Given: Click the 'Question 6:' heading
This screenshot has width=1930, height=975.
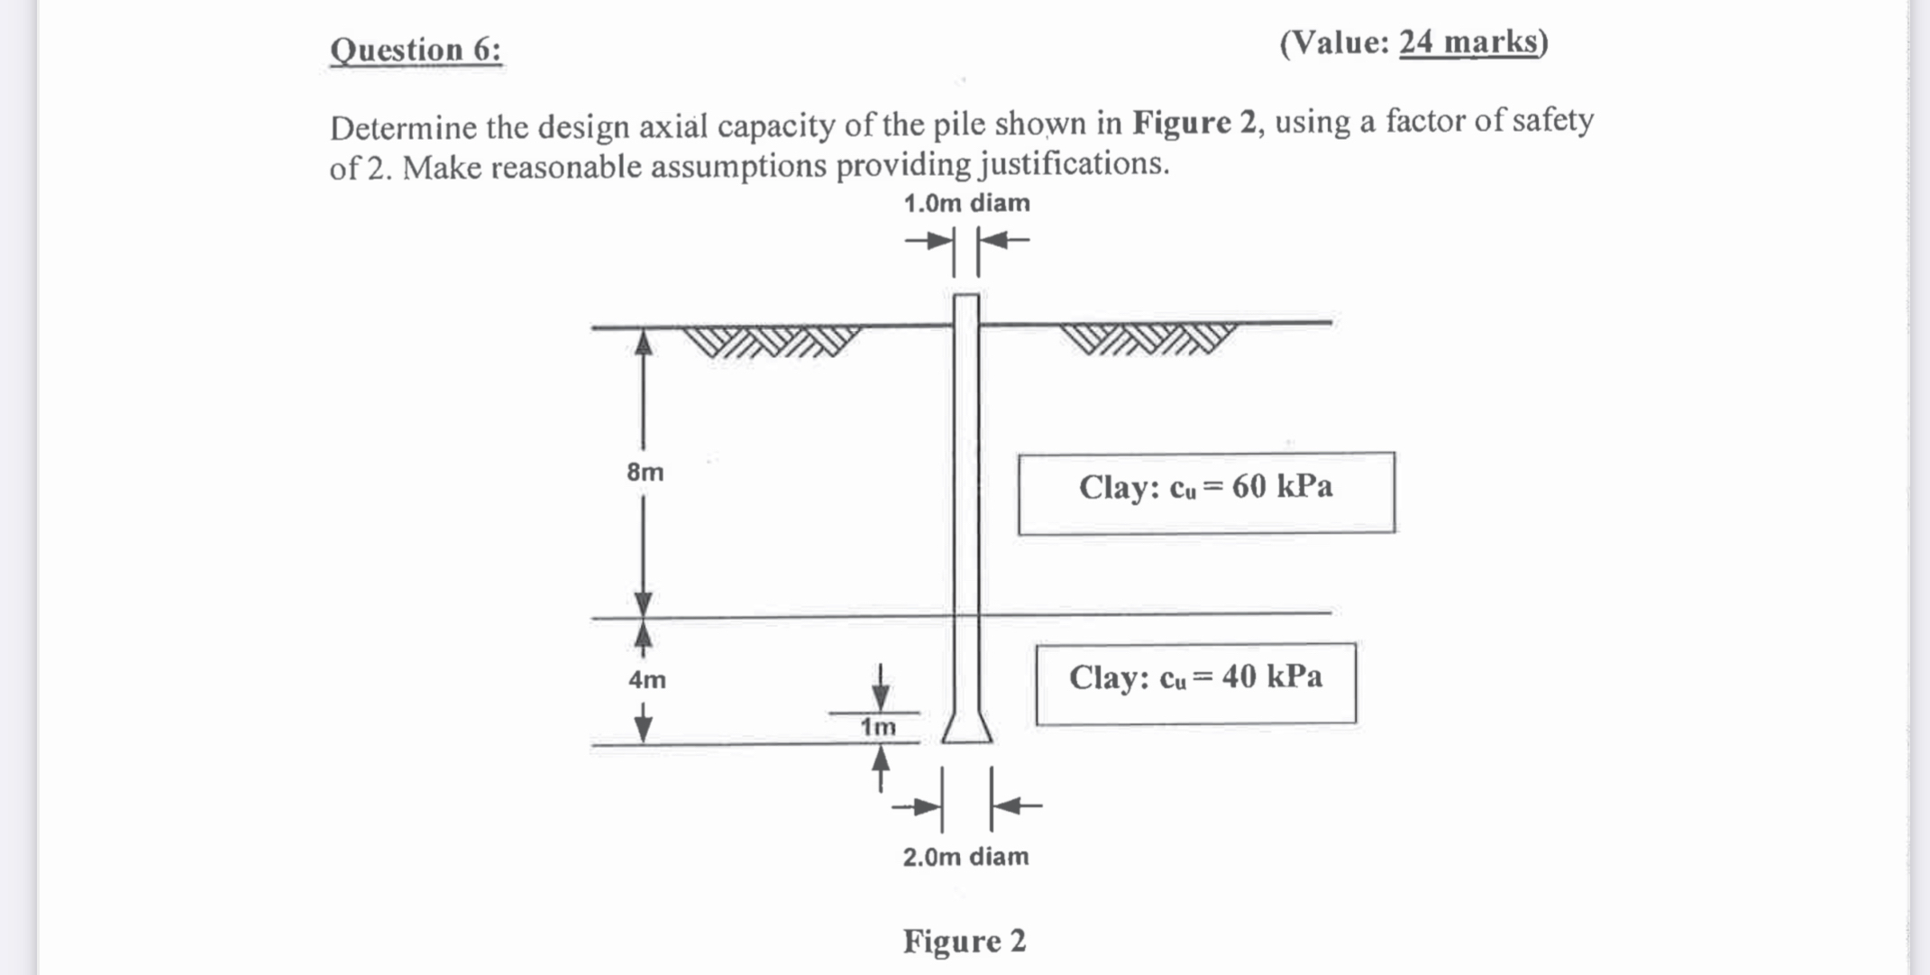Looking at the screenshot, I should [x=416, y=50].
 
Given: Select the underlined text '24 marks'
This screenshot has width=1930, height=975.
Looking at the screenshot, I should [x=1468, y=42].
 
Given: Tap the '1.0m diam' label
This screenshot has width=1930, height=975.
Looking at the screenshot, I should [x=966, y=204].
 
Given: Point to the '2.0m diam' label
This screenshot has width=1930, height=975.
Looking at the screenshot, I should [x=965, y=856].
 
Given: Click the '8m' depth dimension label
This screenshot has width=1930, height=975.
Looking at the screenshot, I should [x=645, y=472].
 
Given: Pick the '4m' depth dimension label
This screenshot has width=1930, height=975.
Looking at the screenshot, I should [x=647, y=679].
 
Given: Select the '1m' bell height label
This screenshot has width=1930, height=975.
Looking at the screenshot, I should [x=878, y=727].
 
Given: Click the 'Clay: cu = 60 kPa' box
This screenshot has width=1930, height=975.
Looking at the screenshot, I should [x=1206, y=492].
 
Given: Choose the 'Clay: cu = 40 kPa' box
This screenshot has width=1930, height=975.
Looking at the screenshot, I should [x=1195, y=683].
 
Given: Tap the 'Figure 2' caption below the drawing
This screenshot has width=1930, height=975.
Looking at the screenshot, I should [x=965, y=941].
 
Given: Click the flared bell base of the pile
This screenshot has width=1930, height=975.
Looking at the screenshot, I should [x=967, y=727].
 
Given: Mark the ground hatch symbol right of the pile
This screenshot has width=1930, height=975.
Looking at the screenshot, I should [x=1147, y=338].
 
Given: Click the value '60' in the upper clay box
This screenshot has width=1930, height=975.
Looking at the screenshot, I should [x=1249, y=487].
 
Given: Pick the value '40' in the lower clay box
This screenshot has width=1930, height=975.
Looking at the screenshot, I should [x=1239, y=676].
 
